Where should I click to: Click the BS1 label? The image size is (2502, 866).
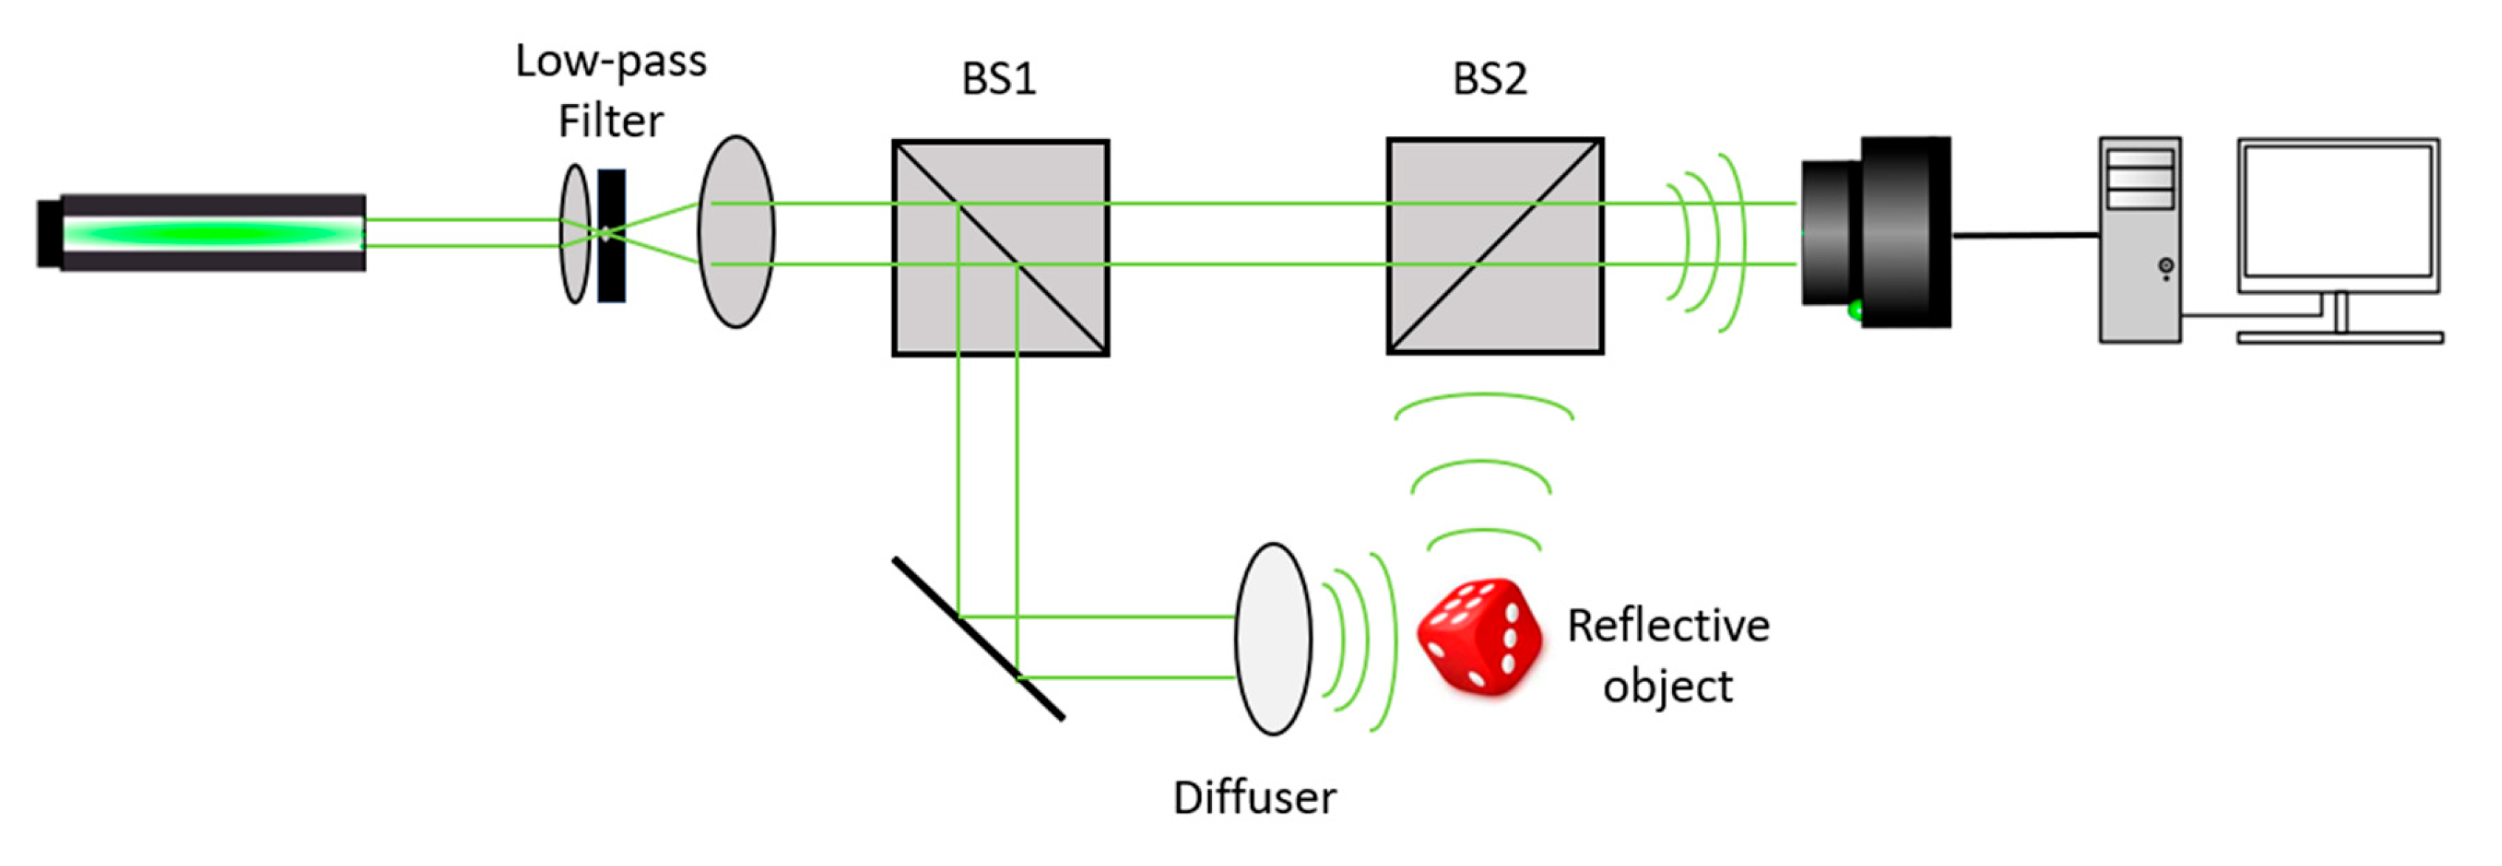[x=998, y=80]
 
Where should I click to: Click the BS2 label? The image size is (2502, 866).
[x=1489, y=80]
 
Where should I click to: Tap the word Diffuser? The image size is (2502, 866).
[x=1254, y=798]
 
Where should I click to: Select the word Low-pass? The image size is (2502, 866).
[x=611, y=62]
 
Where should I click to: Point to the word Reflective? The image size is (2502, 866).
[x=1668, y=626]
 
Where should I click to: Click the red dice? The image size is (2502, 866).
[x=1479, y=637]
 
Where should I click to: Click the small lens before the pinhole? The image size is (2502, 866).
[x=575, y=234]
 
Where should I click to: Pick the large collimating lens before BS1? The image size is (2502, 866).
[x=736, y=232]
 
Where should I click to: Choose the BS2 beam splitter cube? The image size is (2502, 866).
[x=1495, y=247]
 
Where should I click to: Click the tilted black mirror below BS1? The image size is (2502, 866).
[x=978, y=639]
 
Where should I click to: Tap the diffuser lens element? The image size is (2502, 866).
[x=1272, y=639]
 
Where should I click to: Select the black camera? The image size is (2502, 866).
[x=1876, y=233]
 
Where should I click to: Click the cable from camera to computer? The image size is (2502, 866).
[x=2025, y=235]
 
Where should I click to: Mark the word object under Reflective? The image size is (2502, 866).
[x=1668, y=687]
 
